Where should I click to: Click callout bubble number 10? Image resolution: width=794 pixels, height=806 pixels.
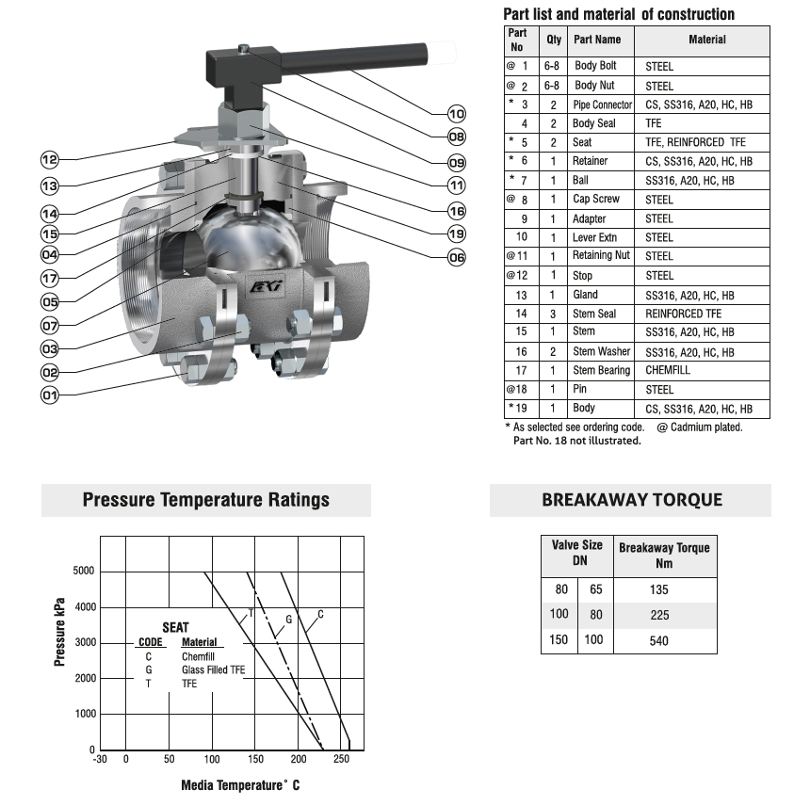tap(457, 114)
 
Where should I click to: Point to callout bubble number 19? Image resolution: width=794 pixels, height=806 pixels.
tap(457, 233)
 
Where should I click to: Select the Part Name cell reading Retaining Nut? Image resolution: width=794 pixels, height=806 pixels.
tap(601, 256)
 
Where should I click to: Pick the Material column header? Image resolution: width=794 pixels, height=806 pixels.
tap(706, 40)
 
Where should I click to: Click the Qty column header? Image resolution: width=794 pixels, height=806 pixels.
tap(554, 40)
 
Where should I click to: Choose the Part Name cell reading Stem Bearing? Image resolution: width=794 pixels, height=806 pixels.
tap(601, 370)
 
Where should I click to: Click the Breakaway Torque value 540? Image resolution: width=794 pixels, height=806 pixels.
tap(659, 640)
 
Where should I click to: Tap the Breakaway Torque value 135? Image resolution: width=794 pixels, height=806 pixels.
tap(659, 589)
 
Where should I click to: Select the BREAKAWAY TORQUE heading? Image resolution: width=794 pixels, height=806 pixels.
tap(631, 500)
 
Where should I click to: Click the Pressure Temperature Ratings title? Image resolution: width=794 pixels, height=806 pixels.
tap(206, 499)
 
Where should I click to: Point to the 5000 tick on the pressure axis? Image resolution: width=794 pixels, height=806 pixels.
tap(84, 572)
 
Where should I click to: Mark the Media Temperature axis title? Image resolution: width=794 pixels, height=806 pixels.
tap(240, 784)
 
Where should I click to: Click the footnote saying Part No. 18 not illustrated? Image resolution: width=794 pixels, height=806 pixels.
tap(576, 441)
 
